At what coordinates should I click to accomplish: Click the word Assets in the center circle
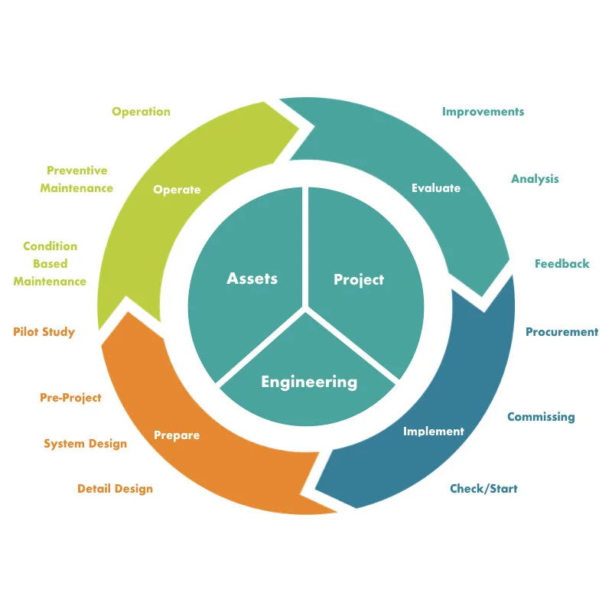pyautogui.click(x=252, y=278)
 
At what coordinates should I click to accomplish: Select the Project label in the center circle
pyautogui.click(x=359, y=280)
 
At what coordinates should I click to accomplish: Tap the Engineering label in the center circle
pyautogui.click(x=309, y=381)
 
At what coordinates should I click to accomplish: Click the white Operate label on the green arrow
pyautogui.click(x=177, y=190)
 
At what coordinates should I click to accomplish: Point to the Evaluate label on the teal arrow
pyautogui.click(x=436, y=187)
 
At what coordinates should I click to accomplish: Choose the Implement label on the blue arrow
pyautogui.click(x=434, y=431)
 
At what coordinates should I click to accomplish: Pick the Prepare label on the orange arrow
pyautogui.click(x=177, y=435)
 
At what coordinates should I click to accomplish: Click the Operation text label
pyautogui.click(x=141, y=112)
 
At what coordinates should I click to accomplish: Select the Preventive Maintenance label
pyautogui.click(x=76, y=179)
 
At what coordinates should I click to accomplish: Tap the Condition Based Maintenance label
pyautogui.click(x=50, y=264)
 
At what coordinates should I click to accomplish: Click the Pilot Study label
pyautogui.click(x=44, y=332)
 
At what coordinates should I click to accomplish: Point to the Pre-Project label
pyautogui.click(x=70, y=398)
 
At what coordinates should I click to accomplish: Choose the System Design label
pyautogui.click(x=85, y=444)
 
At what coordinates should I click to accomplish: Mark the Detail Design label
pyautogui.click(x=115, y=489)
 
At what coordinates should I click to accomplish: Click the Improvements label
pyautogui.click(x=483, y=112)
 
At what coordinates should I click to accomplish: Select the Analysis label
pyautogui.click(x=535, y=179)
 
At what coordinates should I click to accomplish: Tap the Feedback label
pyautogui.click(x=562, y=264)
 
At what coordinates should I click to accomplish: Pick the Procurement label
pyautogui.click(x=562, y=332)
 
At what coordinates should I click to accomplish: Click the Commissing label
pyautogui.click(x=541, y=417)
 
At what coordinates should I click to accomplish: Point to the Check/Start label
pyautogui.click(x=483, y=489)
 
